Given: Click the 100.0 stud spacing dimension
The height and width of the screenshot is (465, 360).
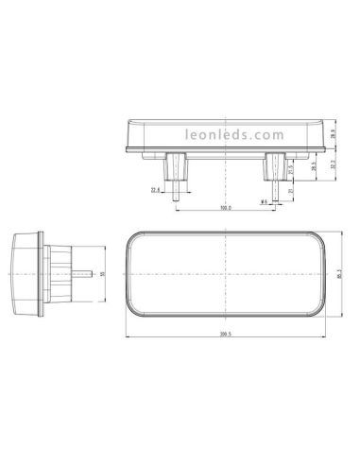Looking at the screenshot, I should point(226,207).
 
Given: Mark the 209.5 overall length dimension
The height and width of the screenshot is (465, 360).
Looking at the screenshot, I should point(226,334).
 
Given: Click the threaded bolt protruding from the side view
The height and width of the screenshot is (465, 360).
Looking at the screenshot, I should point(84,274).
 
